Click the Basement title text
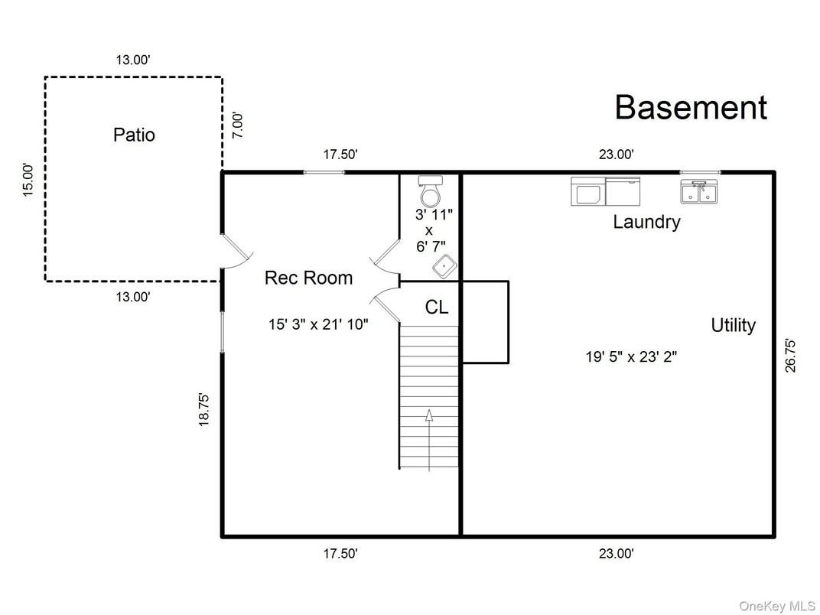pos(690,108)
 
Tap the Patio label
pos(134,135)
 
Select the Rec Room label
pos(308,278)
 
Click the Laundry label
pos(646,223)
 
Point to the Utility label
pos(733,325)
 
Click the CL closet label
pos(437,307)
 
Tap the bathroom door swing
pos(387,255)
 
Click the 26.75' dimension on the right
pos(791,355)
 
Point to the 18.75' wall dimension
pos(204,409)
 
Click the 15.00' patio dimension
pos(28,180)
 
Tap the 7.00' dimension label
pos(238,125)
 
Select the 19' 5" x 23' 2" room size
pos(631,356)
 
